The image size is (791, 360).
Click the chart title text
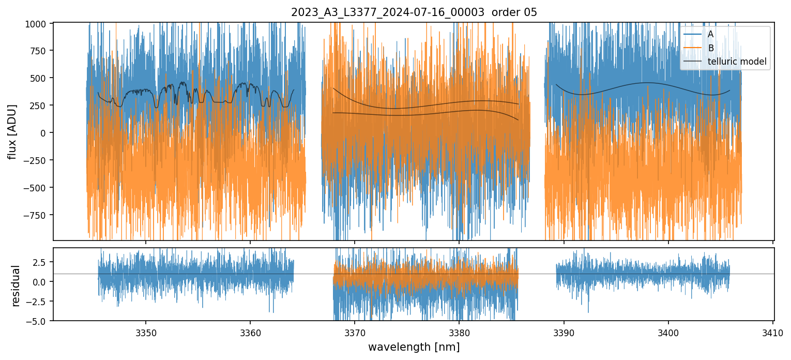[x=414, y=12]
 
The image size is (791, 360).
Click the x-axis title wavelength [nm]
[x=414, y=347]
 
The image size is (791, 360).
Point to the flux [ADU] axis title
[x=12, y=131]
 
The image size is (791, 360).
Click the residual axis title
[x=16, y=286]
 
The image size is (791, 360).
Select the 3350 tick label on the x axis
[x=145, y=332]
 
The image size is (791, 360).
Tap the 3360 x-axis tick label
[x=250, y=332]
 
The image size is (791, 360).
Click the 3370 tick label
[x=355, y=332]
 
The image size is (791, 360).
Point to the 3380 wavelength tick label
[x=459, y=332]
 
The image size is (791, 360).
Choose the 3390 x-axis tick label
[x=564, y=332]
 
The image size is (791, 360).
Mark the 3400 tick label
[x=668, y=332]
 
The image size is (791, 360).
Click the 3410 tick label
[x=772, y=332]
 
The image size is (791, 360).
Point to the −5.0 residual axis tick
[x=37, y=321]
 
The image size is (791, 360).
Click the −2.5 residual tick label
[x=37, y=302]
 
